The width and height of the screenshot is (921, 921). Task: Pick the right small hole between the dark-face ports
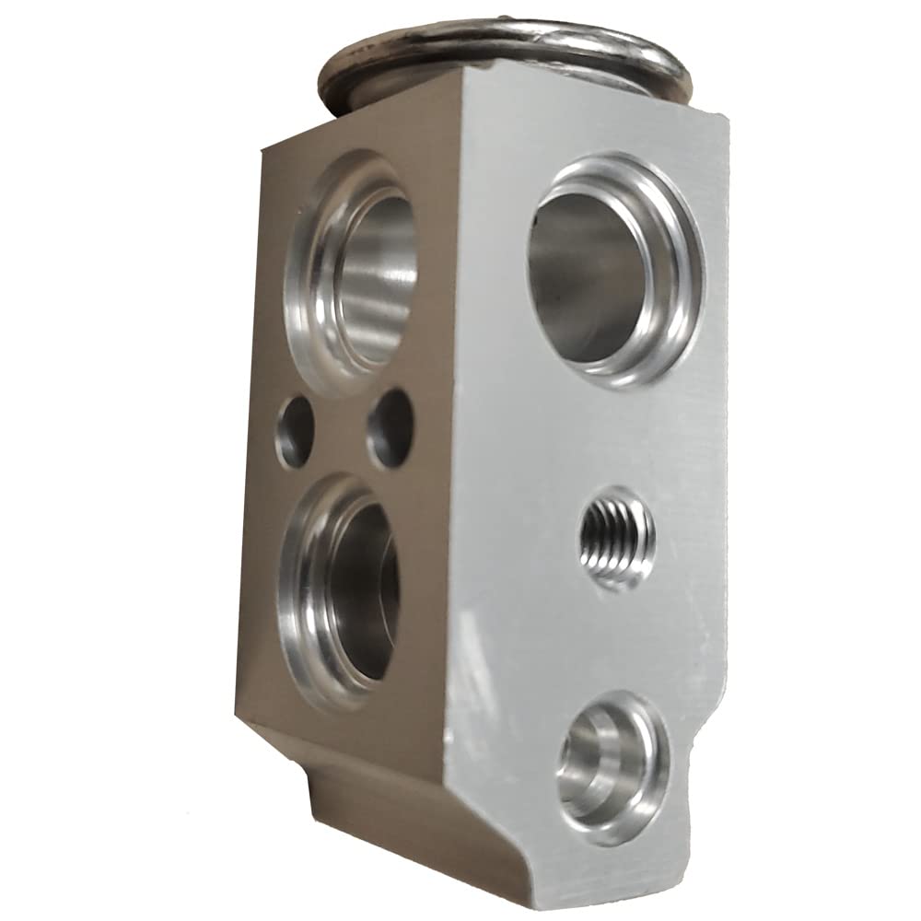[x=391, y=427]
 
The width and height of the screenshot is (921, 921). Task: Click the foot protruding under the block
[x=368, y=810]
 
